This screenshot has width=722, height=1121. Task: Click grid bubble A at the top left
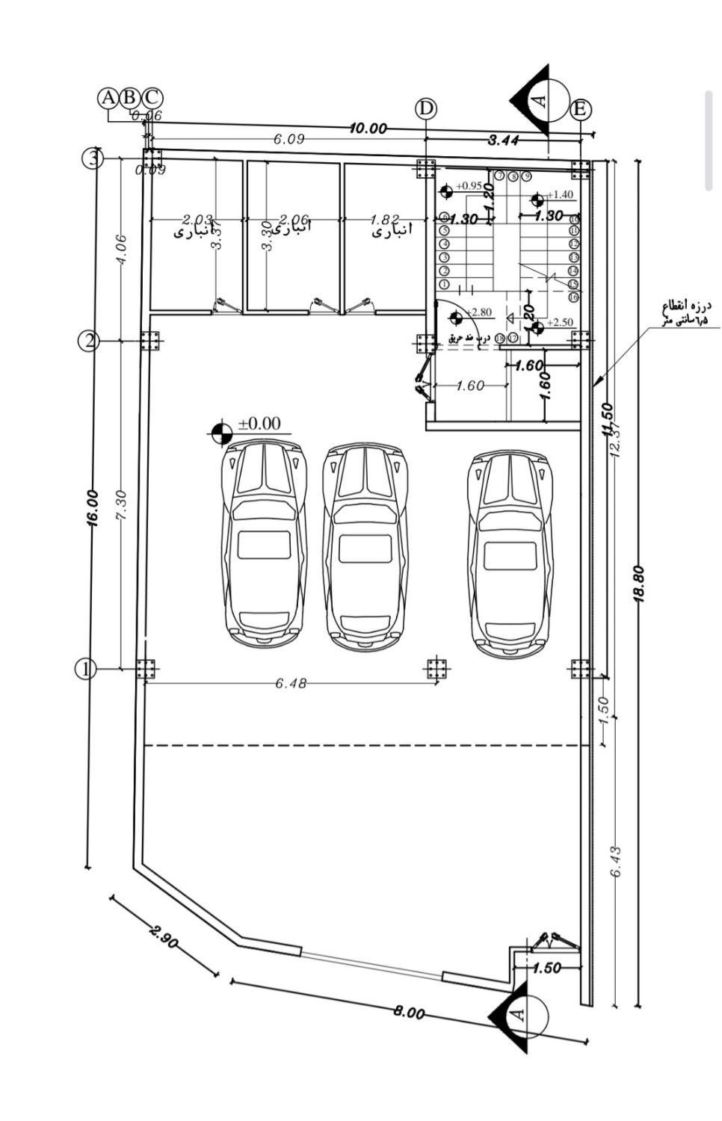108,98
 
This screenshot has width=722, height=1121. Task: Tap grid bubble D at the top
426,108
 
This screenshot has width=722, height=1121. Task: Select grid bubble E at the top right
580,110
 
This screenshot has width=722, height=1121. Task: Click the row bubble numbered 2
89,341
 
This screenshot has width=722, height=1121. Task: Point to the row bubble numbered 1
86,669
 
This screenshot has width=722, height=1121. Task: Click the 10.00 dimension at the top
368,129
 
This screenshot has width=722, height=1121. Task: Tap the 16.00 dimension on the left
93,509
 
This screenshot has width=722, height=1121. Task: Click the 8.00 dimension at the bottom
410,1013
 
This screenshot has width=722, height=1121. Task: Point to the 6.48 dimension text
291,683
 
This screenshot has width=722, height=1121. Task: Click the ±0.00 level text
259,424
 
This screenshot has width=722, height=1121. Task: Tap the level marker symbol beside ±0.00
219,433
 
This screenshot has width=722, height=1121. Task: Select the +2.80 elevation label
478,312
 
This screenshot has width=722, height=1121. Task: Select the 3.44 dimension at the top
505,140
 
